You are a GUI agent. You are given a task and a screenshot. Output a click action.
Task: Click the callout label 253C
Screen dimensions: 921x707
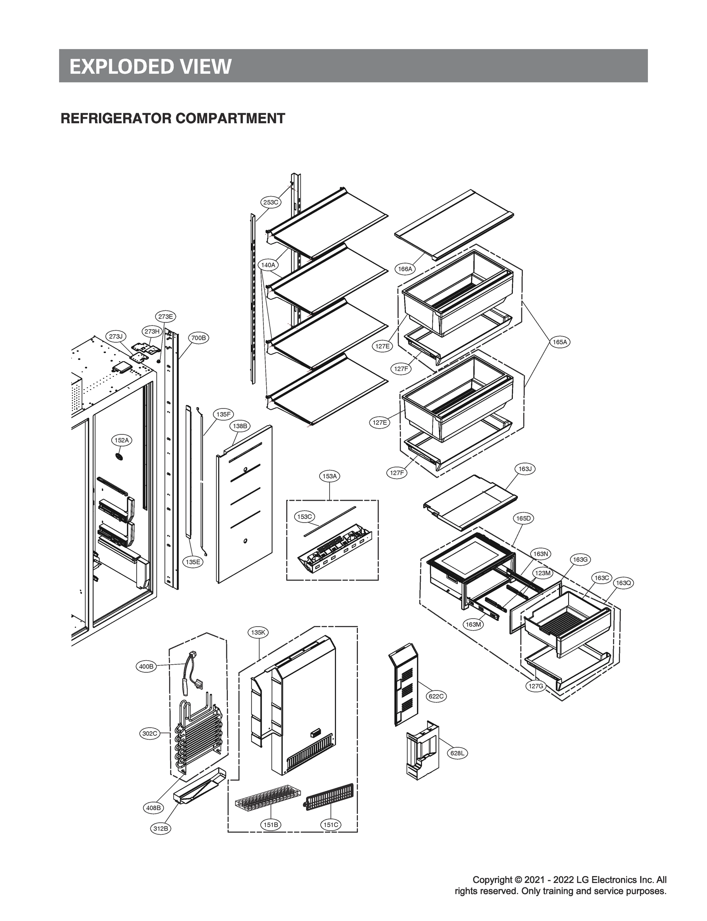[270, 202]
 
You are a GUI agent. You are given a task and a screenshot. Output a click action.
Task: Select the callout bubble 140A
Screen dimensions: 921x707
[268, 265]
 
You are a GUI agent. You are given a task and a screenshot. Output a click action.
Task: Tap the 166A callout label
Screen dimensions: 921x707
[405, 269]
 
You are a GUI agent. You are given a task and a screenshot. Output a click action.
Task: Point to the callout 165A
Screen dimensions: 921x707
[560, 342]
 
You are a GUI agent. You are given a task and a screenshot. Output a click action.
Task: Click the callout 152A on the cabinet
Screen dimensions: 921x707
[122, 440]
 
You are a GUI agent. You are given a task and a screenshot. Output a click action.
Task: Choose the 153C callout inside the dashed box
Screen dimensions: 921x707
[304, 517]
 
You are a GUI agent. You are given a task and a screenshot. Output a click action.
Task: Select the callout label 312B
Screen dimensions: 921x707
[161, 829]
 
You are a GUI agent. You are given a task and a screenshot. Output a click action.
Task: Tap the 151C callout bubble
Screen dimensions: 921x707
[330, 825]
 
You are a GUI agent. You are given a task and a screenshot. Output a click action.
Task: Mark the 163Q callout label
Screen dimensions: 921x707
[623, 583]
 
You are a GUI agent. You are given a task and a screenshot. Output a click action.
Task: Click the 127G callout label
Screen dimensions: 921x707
[536, 686]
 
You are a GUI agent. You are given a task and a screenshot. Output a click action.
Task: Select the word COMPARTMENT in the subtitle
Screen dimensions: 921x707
[230, 118]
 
